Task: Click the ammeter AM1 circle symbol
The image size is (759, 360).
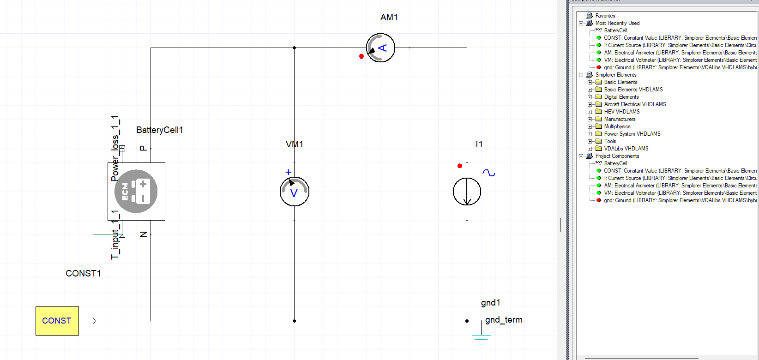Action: coord(380,48)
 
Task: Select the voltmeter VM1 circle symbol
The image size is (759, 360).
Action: coord(294,192)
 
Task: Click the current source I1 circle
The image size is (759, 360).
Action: coord(467,192)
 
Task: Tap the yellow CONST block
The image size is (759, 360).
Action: coord(57,321)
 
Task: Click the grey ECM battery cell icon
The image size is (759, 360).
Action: coord(136,191)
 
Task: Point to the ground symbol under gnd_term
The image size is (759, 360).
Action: coord(481,339)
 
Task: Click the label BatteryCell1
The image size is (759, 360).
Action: coord(160,130)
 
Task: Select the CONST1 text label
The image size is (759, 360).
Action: coord(83,273)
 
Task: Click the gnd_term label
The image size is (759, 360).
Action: coord(504,320)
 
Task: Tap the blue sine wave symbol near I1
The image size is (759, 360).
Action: coord(488,173)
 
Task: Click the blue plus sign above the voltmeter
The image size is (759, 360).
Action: coord(289,172)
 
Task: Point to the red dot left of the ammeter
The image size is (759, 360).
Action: coord(361,56)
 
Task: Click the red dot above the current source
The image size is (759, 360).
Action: coord(459,166)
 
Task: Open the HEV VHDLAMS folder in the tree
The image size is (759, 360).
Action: coord(621,112)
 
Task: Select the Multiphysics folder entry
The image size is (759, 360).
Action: coord(617,126)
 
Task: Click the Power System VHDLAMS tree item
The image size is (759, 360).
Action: coord(632,134)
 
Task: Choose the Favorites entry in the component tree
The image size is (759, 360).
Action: coord(605,16)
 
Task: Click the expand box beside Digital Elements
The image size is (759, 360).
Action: coord(590,97)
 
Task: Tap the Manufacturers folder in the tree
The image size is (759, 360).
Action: coord(620,119)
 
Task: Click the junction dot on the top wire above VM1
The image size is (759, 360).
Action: coord(294,48)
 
